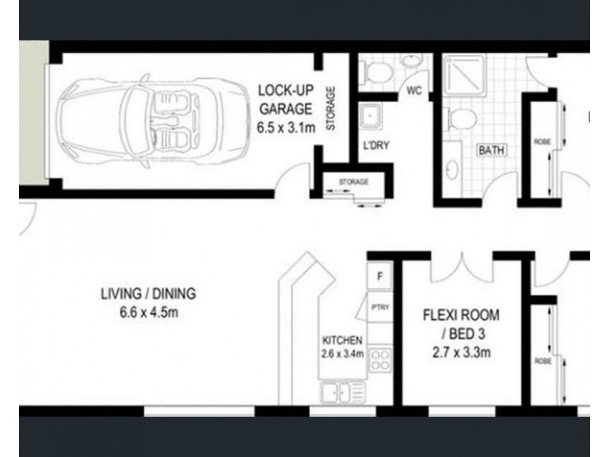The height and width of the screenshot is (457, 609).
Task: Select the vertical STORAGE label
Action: [330, 110]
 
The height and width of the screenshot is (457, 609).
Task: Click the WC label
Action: [414, 91]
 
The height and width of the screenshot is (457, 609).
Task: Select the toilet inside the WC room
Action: [378, 72]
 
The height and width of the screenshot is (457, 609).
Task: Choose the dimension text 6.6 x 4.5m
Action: [148, 312]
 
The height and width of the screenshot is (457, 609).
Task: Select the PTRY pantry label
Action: [379, 308]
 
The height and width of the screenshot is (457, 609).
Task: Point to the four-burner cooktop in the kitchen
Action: [380, 360]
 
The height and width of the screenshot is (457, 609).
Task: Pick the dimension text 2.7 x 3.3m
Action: [461, 352]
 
